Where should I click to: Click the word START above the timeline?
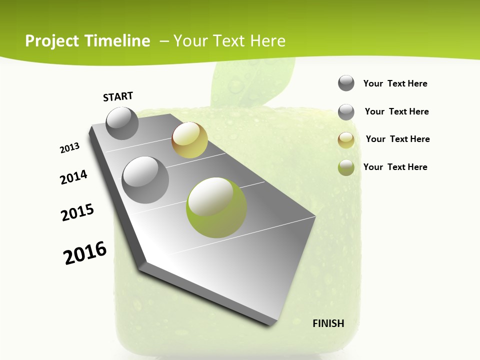pos(118,96)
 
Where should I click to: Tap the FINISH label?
pos(328,323)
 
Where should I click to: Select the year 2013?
pos(70,148)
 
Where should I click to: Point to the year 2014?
pos(73,177)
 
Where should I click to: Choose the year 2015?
pos(77,212)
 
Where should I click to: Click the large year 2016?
pos(85,253)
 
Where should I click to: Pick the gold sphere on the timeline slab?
pos(189,140)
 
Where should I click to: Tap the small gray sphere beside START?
pos(122,123)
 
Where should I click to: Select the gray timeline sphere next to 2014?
pos(145,180)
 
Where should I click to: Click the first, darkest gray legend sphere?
pos(346,83)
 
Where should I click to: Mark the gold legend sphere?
pos(346,140)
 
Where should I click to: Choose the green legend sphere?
pos(346,167)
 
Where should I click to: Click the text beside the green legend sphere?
pos(395,167)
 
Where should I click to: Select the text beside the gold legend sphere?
pos(397,139)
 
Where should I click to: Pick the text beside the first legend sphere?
pos(395,83)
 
